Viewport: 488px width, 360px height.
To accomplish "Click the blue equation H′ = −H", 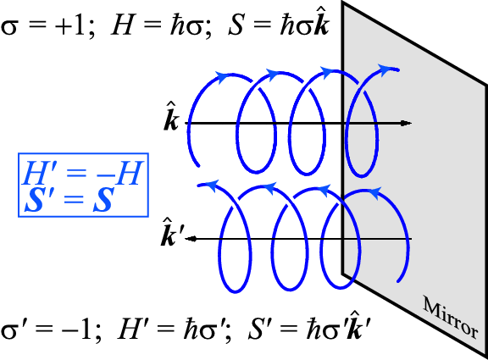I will pos(80,174).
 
